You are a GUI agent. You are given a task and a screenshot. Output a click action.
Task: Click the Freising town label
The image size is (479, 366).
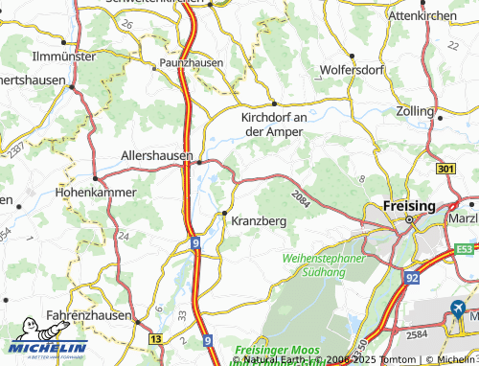pos(407,205)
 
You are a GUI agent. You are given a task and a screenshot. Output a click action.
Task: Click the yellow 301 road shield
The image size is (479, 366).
pos(444,170)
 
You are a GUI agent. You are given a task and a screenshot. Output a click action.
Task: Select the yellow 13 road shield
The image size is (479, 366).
pos(155,338)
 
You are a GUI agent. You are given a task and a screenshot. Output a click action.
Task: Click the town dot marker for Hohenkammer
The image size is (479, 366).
pos(95,178)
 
